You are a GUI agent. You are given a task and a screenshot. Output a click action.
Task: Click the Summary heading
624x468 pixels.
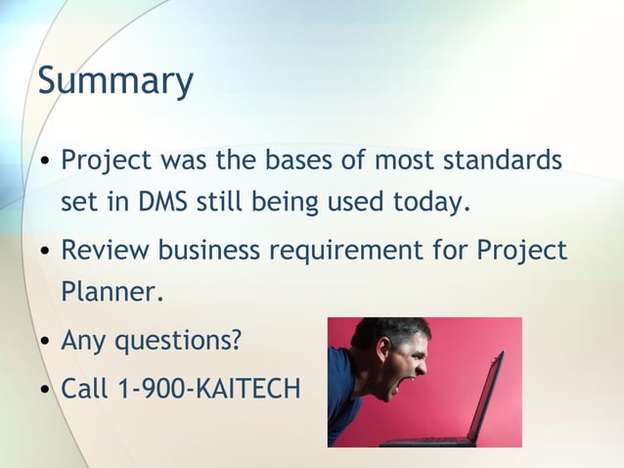click(115, 81)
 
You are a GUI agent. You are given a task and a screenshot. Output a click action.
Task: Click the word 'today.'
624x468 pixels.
click(431, 204)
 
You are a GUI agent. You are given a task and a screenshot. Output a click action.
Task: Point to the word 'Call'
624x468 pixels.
click(85, 388)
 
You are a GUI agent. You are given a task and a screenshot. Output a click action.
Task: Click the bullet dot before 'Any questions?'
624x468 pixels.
click(45, 344)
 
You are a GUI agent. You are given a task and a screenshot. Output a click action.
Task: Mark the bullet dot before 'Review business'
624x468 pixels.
click(45, 252)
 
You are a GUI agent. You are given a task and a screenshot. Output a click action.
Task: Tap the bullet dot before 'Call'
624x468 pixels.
click(45, 390)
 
